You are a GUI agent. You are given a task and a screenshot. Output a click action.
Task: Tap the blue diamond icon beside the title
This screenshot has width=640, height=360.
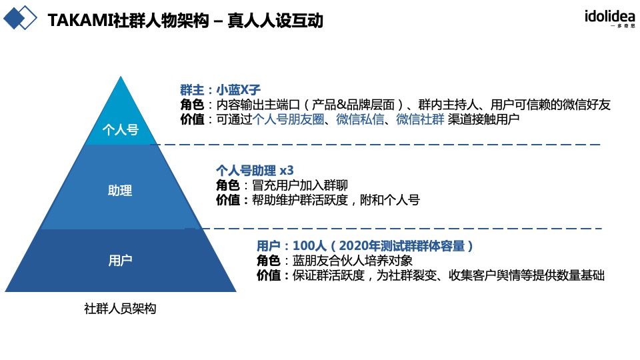pyautogui.click(x=19, y=18)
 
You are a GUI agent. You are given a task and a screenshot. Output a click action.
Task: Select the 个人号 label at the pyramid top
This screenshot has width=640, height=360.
pyautogui.click(x=121, y=129)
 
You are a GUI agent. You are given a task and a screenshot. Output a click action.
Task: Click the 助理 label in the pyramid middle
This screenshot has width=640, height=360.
pyautogui.click(x=120, y=191)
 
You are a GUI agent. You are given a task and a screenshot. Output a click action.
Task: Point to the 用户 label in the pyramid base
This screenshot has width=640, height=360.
pyautogui.click(x=120, y=260)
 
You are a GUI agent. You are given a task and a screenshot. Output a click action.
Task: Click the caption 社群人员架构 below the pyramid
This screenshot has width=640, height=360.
pyautogui.click(x=120, y=309)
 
